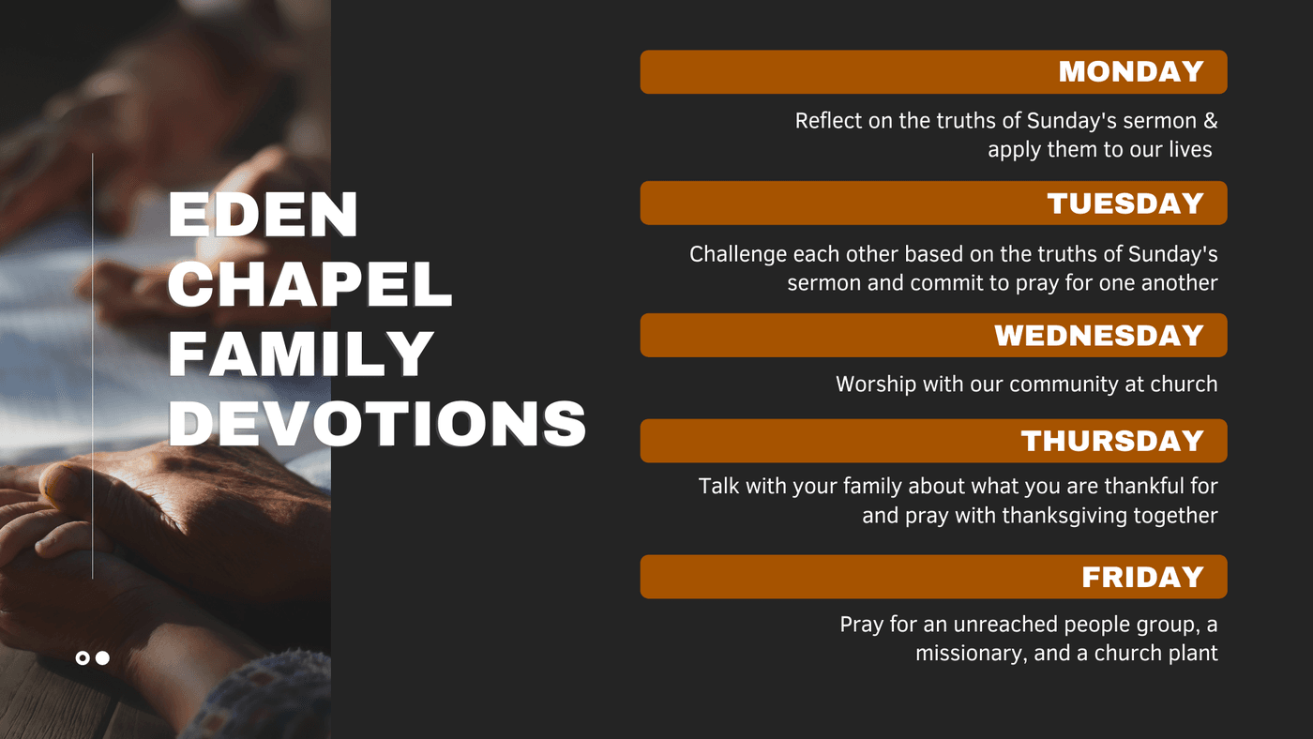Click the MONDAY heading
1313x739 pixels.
pyautogui.click(x=1131, y=71)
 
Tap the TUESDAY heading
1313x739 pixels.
pyautogui.click(x=1125, y=204)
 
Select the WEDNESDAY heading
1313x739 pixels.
pyautogui.click(x=1099, y=335)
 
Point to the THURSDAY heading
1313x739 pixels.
pyautogui.click(x=1112, y=441)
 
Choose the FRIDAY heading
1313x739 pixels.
pyautogui.click(x=1142, y=577)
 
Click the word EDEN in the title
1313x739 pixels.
pyautogui.click(x=263, y=214)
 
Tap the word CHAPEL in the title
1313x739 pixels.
pyautogui.click(x=310, y=284)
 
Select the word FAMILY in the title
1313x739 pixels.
pyautogui.click(x=301, y=354)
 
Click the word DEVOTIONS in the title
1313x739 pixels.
pyautogui.click(x=377, y=423)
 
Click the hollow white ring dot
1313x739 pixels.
pyautogui.click(x=83, y=658)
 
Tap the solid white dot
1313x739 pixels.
pyautogui.click(x=102, y=658)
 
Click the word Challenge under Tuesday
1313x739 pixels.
pyautogui.click(x=738, y=255)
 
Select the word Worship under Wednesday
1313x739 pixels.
pyautogui.click(x=876, y=385)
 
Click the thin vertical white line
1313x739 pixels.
pyautogui.click(x=93, y=367)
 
